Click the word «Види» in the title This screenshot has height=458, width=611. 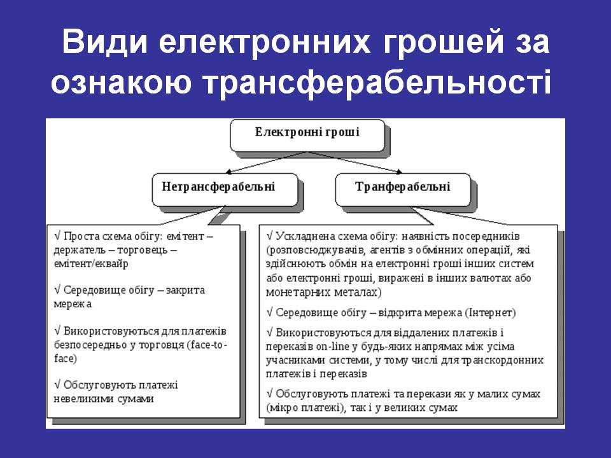pyautogui.click(x=105, y=41)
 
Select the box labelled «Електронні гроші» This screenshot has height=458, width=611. pyautogui.click(x=307, y=135)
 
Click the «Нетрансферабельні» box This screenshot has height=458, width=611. pyautogui.click(x=225, y=190)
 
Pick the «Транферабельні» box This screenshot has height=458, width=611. pyautogui.click(x=404, y=190)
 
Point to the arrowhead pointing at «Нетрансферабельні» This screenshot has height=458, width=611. pyautogui.click(x=229, y=171)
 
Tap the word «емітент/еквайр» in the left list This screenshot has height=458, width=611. pyautogui.click(x=91, y=263)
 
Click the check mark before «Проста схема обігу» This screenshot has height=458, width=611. pyautogui.click(x=57, y=236)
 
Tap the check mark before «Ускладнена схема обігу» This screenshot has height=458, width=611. pyautogui.click(x=270, y=236)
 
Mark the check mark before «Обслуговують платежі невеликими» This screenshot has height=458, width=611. pyautogui.click(x=57, y=385)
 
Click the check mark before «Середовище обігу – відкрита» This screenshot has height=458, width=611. pyautogui.click(x=270, y=312)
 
